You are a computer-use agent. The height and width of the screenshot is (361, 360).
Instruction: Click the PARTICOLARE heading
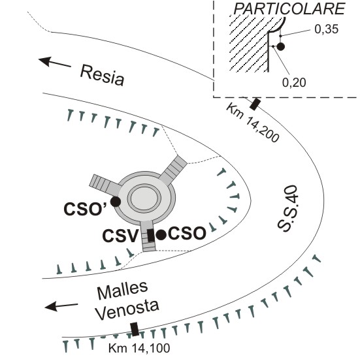tap(289, 9)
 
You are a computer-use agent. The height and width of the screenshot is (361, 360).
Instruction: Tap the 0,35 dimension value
tap(326, 29)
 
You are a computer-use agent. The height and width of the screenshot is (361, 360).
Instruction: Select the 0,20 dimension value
tap(294, 82)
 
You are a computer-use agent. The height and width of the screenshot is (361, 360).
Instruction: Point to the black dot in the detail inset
tap(280, 47)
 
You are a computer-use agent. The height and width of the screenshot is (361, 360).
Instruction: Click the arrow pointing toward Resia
tap(55, 62)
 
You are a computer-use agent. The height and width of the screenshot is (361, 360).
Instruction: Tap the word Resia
tap(102, 76)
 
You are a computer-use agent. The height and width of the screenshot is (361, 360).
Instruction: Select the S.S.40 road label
tap(287, 208)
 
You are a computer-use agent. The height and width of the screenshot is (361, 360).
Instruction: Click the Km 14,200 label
tap(253, 123)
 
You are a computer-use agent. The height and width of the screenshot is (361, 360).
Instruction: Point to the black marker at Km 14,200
tap(255, 104)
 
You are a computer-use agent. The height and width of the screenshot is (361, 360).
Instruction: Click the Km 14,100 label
tap(139, 348)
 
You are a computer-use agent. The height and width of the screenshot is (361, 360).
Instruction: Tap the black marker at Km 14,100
tap(135, 329)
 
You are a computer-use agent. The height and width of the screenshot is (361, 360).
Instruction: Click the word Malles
tap(122, 290)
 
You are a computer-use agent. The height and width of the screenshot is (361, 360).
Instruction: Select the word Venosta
tap(127, 309)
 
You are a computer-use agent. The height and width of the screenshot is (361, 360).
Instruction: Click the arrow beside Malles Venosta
tap(61, 306)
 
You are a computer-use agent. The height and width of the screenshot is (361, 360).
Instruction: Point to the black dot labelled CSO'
tap(116, 202)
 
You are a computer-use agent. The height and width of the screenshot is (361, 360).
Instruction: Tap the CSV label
tap(120, 236)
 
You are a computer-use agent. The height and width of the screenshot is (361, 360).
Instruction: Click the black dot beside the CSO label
tap(161, 235)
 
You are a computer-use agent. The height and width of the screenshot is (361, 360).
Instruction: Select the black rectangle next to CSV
tap(151, 236)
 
